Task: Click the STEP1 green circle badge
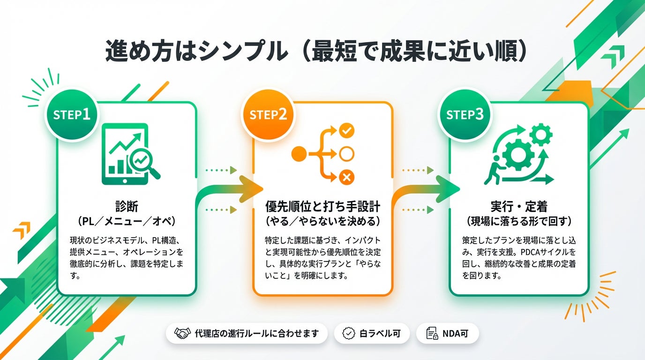click(72, 115)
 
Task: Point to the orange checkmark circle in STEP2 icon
click(346, 130)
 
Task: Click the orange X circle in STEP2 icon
click(346, 177)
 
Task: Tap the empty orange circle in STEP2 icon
click(346, 153)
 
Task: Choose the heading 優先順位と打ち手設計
click(322, 206)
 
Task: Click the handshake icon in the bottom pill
click(182, 333)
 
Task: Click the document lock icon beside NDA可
click(431, 333)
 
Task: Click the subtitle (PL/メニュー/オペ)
click(127, 220)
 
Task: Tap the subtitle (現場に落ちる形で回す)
click(519, 220)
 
